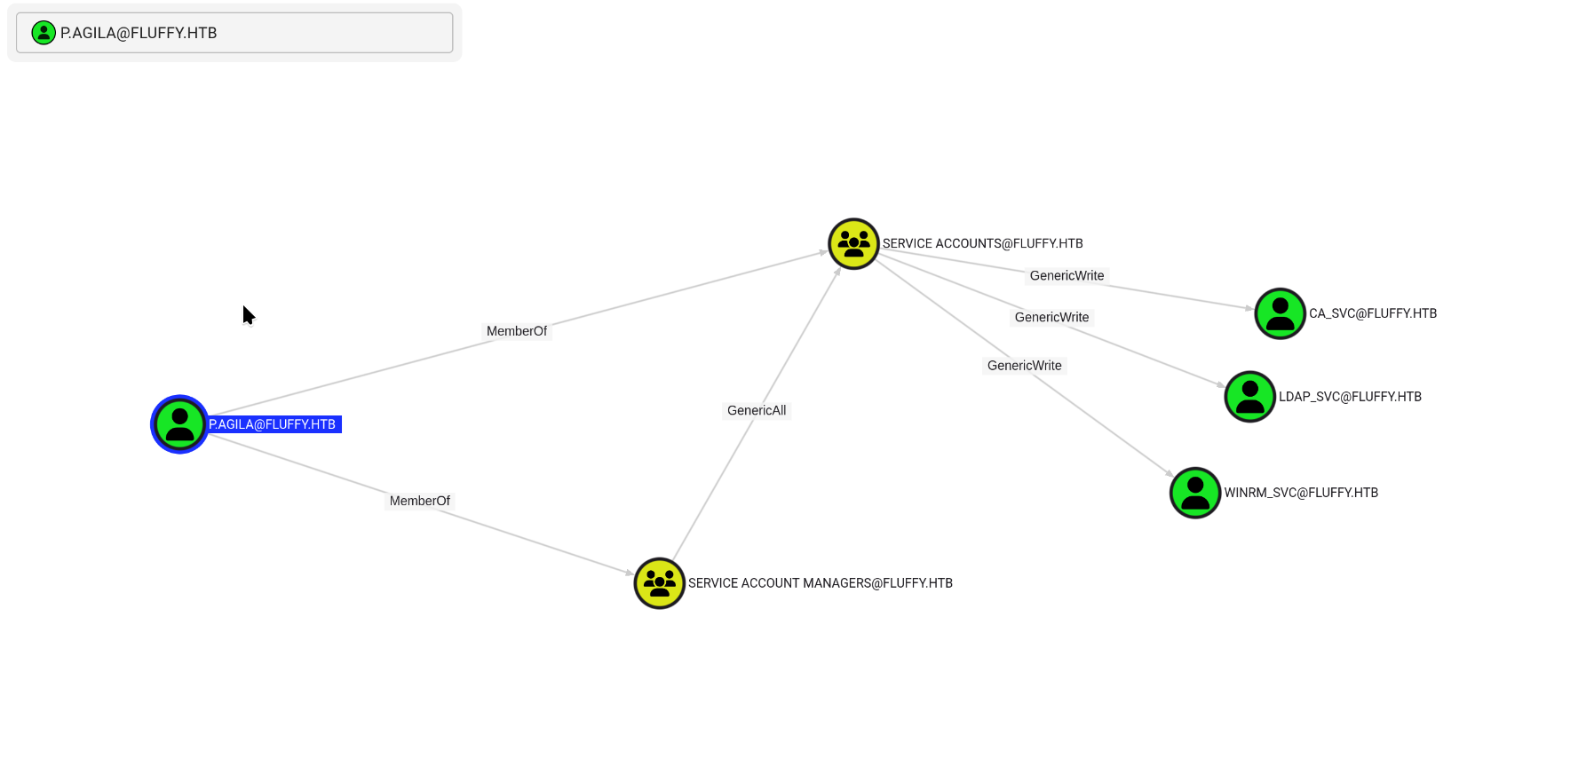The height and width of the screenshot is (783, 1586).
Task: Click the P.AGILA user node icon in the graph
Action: coord(179,424)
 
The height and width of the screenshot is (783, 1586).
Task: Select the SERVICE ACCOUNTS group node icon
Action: coord(853,244)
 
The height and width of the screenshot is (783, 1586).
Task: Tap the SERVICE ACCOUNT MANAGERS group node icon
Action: coord(659,583)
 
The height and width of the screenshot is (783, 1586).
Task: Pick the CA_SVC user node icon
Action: coord(1280,313)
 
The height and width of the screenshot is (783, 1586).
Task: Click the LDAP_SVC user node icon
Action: coord(1249,397)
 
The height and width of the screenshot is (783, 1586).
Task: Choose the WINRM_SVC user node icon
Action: coord(1195,493)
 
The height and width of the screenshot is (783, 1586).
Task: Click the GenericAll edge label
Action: coord(757,410)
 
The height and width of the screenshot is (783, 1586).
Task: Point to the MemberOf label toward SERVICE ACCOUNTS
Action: coord(517,331)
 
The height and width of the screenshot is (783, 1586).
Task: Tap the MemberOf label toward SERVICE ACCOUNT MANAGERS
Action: coord(420,501)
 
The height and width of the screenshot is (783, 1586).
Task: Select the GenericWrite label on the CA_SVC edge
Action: coord(1067,276)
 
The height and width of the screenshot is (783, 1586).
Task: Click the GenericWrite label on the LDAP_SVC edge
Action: coord(1051,317)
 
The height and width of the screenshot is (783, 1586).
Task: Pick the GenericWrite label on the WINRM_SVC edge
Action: coord(1024,366)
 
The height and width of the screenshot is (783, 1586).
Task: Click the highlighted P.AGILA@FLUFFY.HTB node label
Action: coord(273,424)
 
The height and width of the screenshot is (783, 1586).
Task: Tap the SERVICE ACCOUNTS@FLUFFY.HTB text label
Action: coord(982,243)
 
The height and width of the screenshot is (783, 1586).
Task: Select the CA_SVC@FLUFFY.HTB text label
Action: coord(1373,313)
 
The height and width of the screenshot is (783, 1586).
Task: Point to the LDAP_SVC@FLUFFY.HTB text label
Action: coord(1350,397)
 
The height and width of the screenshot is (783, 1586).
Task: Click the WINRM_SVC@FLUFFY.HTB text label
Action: coord(1301,493)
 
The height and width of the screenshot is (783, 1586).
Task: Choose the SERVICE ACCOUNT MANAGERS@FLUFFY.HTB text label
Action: coord(820,583)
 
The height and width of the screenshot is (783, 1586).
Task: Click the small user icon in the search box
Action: coord(44,33)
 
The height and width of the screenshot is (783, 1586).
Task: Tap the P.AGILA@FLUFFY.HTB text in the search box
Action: coord(139,33)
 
